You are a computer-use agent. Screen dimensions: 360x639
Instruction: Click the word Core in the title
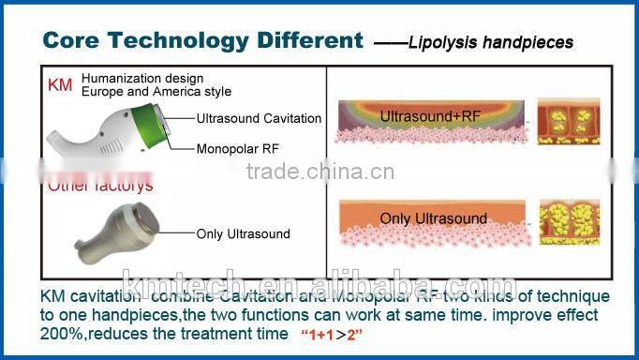click(76, 40)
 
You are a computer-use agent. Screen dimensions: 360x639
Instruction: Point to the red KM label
click(59, 85)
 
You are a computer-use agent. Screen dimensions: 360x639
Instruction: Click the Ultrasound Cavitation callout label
click(259, 118)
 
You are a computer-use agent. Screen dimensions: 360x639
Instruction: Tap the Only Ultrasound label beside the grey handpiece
click(235, 234)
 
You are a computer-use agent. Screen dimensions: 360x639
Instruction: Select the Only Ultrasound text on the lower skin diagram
click(433, 218)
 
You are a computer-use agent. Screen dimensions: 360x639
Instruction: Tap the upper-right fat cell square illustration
click(564, 126)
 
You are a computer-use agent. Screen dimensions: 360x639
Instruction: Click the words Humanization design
click(142, 78)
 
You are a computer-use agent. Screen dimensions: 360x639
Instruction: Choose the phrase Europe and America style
click(156, 91)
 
